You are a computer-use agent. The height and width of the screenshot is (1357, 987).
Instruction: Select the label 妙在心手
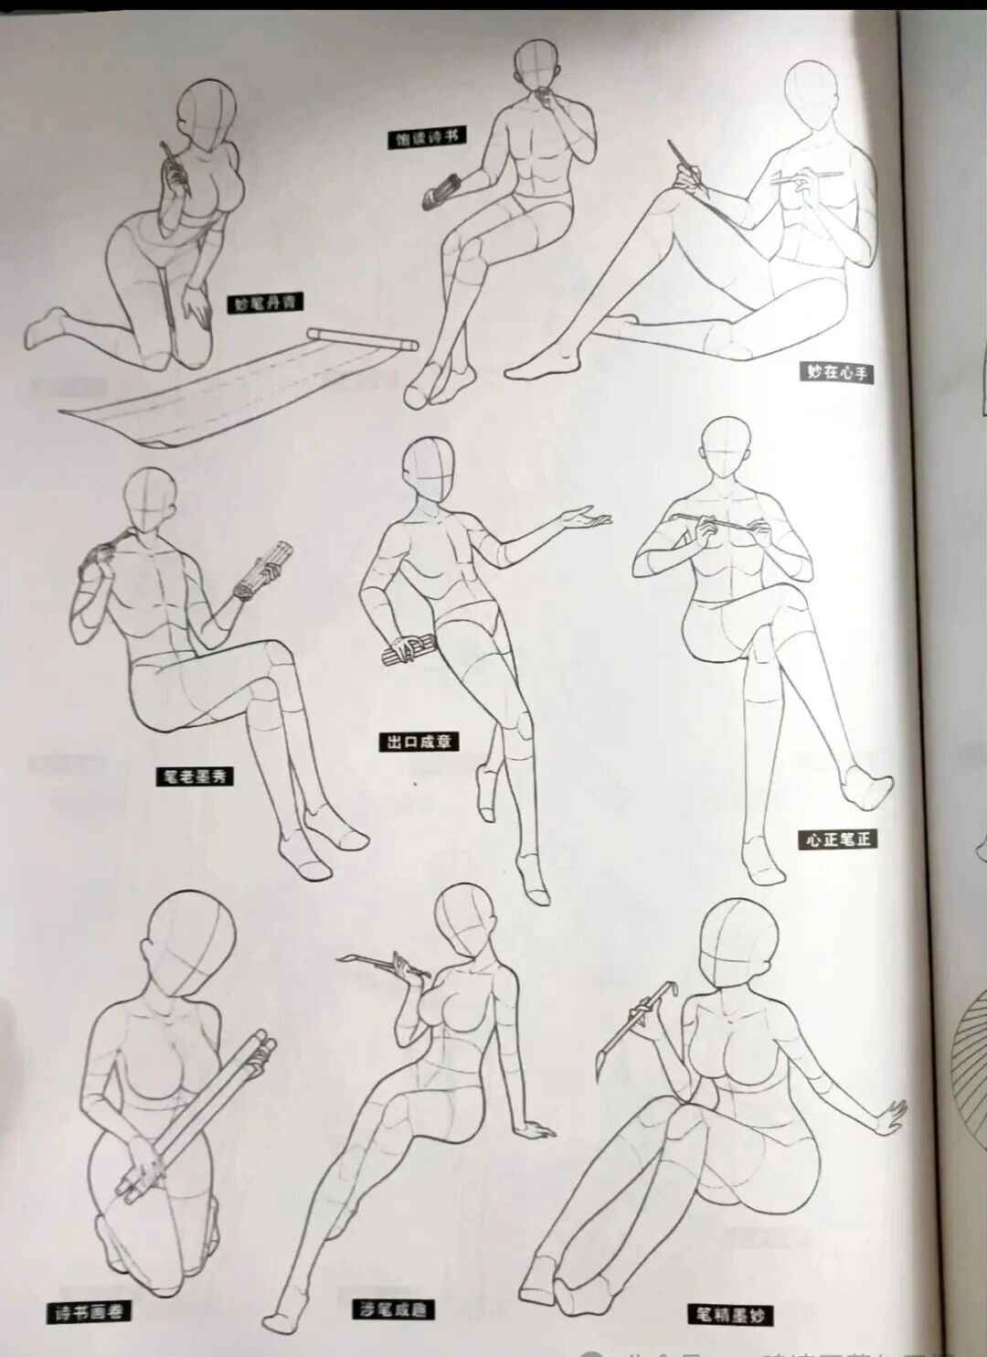[836, 372]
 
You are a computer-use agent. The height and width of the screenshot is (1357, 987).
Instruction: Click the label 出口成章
[419, 742]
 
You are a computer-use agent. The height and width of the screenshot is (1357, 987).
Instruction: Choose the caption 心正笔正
[837, 839]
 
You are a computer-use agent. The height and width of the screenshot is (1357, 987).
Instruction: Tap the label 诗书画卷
[87, 1312]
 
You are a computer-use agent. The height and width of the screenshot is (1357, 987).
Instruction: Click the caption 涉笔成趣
[394, 1309]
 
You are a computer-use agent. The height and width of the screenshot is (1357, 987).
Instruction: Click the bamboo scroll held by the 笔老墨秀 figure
[263, 570]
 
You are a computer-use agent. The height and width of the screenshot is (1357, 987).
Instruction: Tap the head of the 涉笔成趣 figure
[465, 922]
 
